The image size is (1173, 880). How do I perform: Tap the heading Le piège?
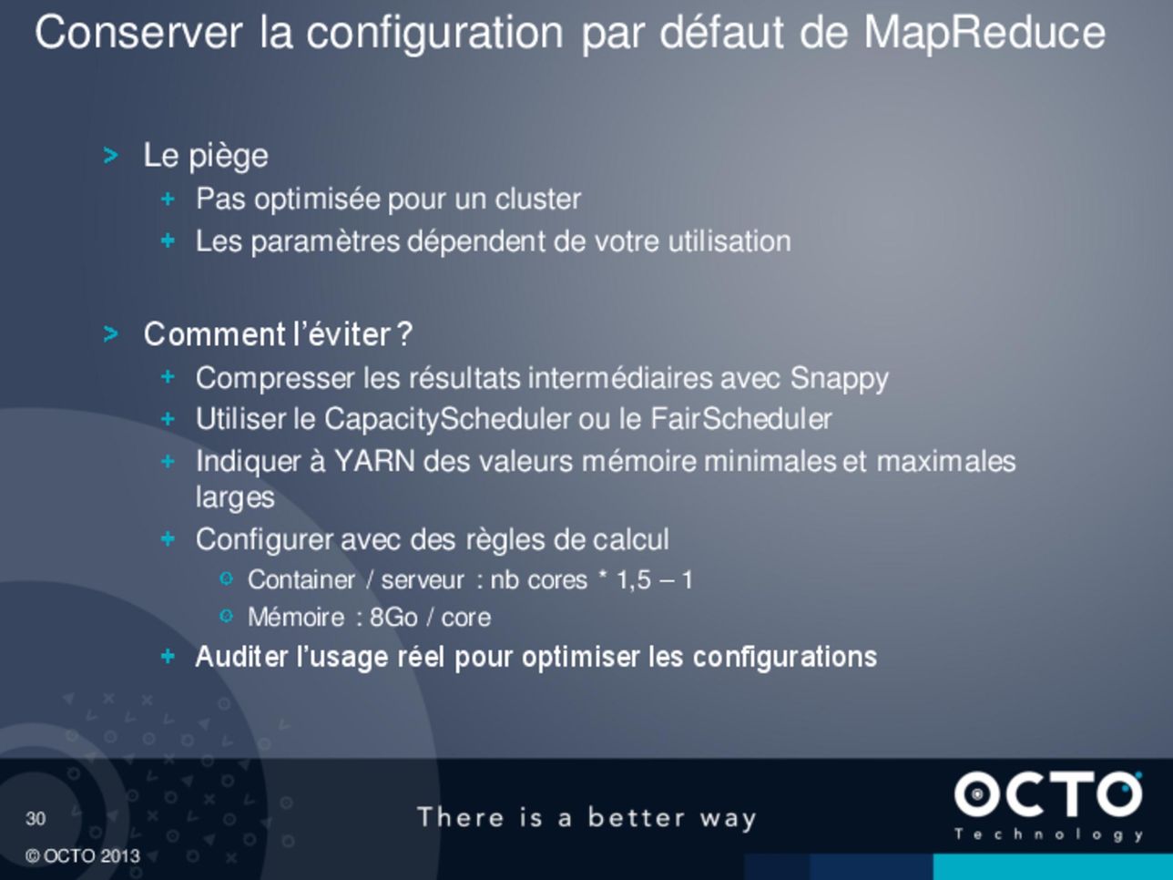206,157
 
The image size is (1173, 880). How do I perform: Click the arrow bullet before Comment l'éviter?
110,334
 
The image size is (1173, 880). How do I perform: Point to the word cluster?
537,200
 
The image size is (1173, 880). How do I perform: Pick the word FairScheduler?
741,418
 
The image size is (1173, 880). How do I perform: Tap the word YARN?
374,461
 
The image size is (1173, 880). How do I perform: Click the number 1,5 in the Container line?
634,580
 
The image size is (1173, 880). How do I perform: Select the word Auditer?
241,656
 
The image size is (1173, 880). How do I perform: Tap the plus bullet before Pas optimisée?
168,200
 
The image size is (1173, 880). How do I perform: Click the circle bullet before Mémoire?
226,617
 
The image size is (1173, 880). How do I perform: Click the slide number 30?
36,818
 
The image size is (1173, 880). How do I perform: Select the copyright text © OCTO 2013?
83,856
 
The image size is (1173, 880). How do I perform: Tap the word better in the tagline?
636,817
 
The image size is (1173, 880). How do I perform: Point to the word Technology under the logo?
1049,835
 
